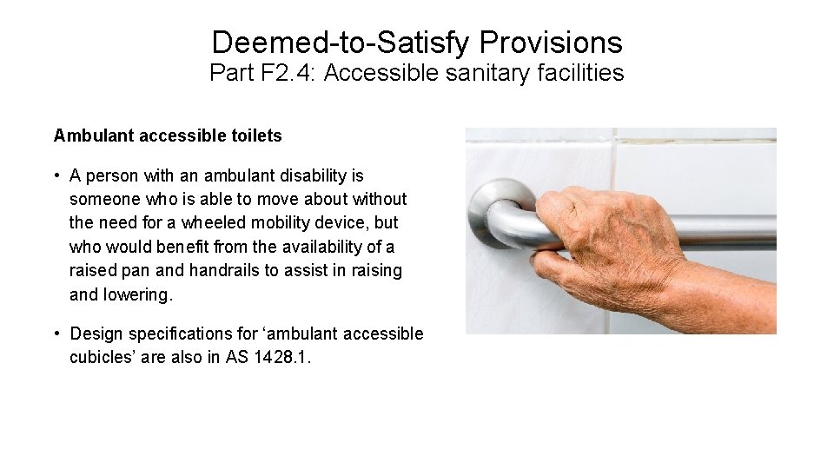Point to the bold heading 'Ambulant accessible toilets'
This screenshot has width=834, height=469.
tap(168, 135)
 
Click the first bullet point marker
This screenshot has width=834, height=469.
tap(56, 176)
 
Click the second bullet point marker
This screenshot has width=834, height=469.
tap(56, 334)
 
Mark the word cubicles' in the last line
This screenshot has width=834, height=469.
tap(104, 357)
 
